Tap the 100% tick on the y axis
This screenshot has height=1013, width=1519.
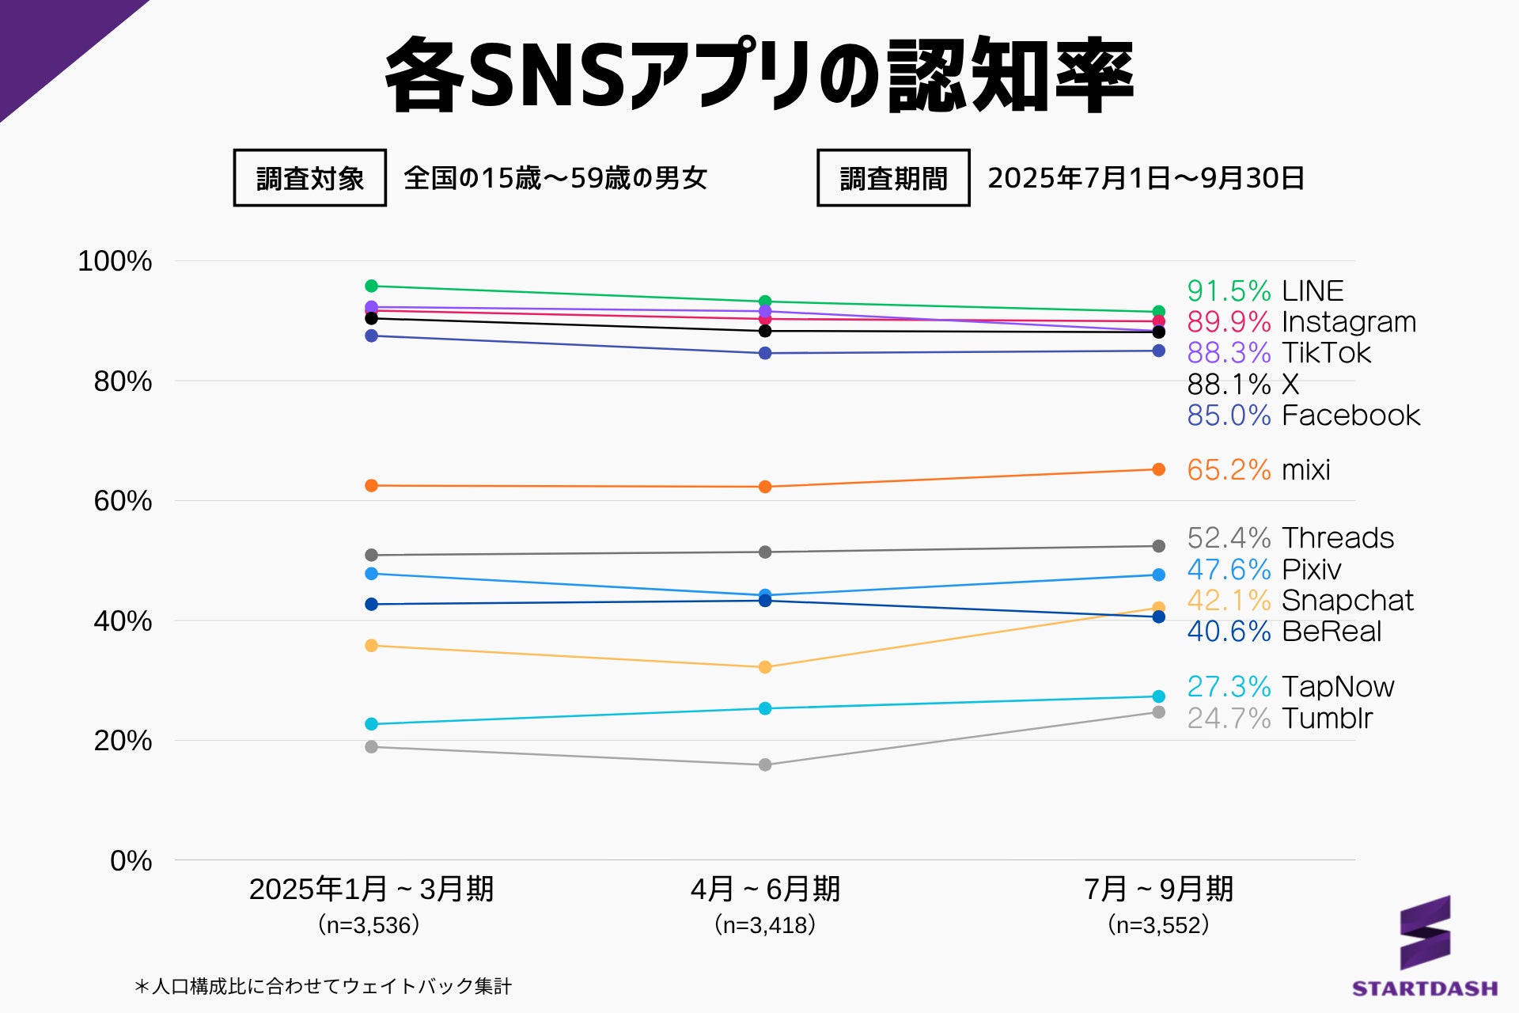click(x=115, y=261)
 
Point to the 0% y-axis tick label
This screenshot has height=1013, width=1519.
click(x=131, y=860)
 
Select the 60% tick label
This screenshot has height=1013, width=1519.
click(x=123, y=501)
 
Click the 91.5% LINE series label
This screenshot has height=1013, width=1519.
click(x=1264, y=291)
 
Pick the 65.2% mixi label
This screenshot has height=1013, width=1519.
click(x=1258, y=470)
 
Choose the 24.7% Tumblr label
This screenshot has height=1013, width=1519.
click(x=1279, y=719)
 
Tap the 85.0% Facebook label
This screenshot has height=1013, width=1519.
click(x=1303, y=415)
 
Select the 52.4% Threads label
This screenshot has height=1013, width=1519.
click(x=1290, y=538)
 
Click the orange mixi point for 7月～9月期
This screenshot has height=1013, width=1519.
click(x=1158, y=469)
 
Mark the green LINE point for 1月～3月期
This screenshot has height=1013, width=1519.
click(x=371, y=286)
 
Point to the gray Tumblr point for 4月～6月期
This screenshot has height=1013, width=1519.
click(x=765, y=764)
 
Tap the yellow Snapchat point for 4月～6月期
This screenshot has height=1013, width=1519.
click(x=765, y=667)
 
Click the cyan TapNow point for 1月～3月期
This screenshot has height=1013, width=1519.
click(x=371, y=724)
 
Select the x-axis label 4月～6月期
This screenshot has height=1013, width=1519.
click(x=765, y=890)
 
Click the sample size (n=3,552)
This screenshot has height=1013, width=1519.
click(x=1158, y=924)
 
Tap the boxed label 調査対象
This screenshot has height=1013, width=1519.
click(x=310, y=178)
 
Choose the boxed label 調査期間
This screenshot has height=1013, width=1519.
click(x=893, y=178)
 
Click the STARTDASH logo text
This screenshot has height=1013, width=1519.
click(x=1425, y=988)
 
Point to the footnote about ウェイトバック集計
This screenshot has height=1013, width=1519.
click(x=323, y=986)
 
